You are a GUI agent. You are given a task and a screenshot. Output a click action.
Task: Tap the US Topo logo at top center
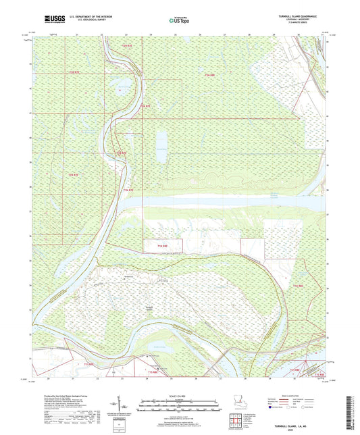coord(178,21)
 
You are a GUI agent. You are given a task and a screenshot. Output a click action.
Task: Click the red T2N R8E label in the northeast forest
coord(210,74)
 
